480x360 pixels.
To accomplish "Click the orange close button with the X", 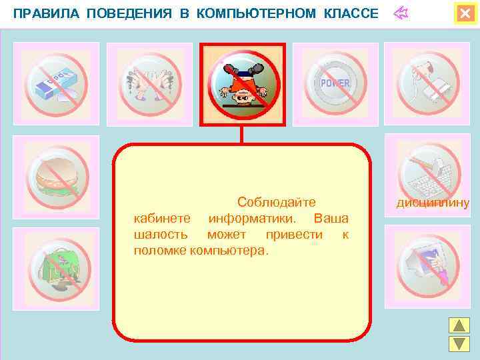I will [465, 14].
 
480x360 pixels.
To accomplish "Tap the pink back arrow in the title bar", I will [400, 13].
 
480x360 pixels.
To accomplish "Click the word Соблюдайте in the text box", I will [275, 202].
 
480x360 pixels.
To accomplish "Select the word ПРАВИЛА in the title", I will [43, 14].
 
